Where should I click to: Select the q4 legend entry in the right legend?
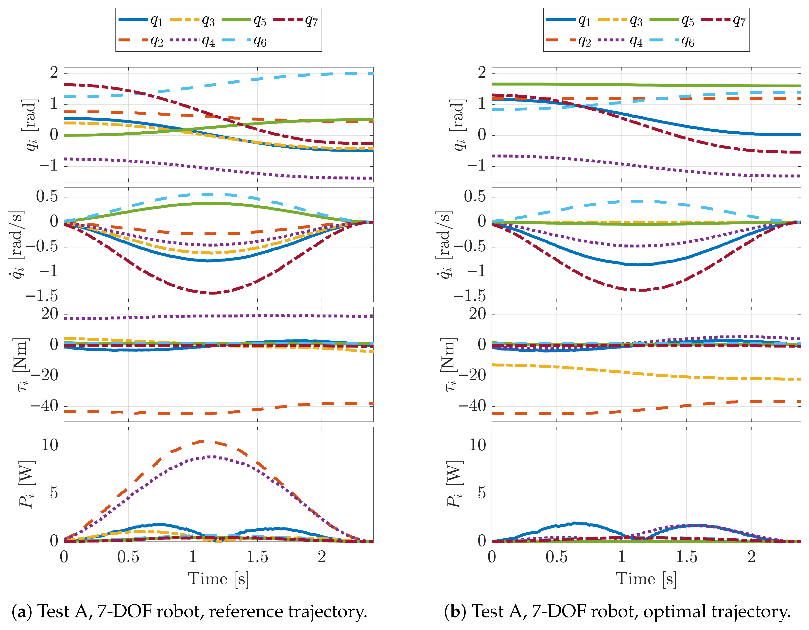(x=620, y=41)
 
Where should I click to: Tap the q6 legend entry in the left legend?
(x=244, y=41)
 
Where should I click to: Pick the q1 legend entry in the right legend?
(x=568, y=20)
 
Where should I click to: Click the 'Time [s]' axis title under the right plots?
(x=646, y=579)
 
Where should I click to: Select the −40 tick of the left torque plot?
(x=44, y=406)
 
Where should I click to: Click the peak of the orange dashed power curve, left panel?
(x=202, y=441)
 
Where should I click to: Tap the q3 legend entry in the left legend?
(x=193, y=20)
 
